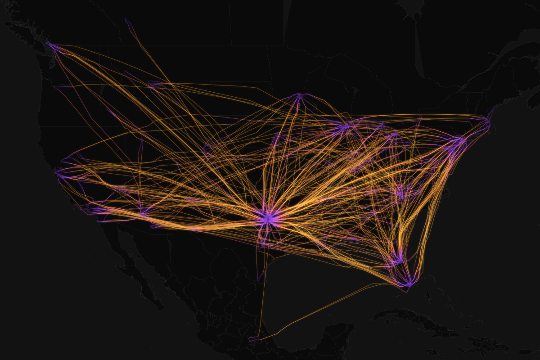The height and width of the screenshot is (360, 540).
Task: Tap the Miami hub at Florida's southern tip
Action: click(x=408, y=283)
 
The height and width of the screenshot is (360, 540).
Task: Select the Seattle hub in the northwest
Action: click(x=52, y=46)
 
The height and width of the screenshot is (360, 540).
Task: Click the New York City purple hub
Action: click(x=460, y=142)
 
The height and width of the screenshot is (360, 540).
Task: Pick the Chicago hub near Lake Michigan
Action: click(x=345, y=128)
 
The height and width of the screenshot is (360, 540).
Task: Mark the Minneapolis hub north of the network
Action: click(x=299, y=95)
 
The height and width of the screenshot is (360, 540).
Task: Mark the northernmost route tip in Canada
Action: click(x=126, y=20)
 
